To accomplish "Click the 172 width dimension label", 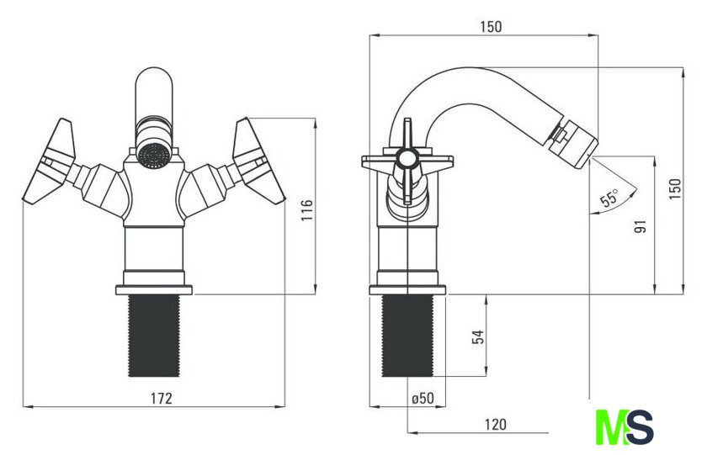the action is point(162,399).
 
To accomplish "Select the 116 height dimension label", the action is point(306,210).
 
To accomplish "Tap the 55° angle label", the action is point(609,198).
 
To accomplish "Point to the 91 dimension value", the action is point(641,226).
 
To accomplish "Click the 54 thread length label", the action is point(478,336).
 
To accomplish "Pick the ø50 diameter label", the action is point(423,398).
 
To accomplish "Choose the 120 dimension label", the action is point(496,425).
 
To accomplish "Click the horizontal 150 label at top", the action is point(491,27).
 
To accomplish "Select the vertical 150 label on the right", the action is point(674,189).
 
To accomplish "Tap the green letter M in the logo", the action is point(609,427).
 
